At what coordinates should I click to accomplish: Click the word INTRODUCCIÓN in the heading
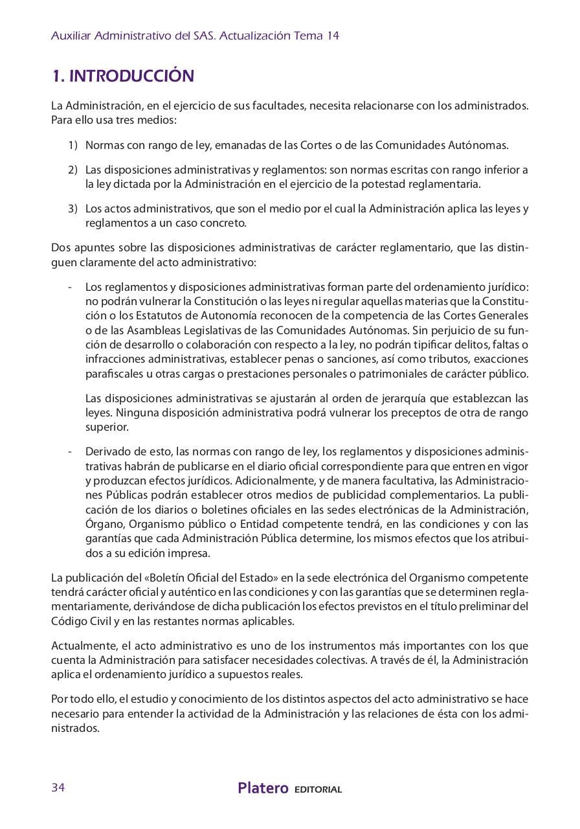click(x=131, y=76)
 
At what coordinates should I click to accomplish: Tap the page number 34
click(x=58, y=788)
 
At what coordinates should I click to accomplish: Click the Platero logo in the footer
click(x=263, y=788)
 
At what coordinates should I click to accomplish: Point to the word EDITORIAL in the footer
click(x=318, y=789)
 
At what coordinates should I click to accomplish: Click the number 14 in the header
click(x=333, y=36)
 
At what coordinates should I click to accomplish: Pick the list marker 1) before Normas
click(x=72, y=145)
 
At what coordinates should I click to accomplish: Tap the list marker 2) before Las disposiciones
click(x=72, y=170)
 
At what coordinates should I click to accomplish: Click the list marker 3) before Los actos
click(x=72, y=209)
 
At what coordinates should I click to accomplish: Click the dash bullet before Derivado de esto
click(x=70, y=451)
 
